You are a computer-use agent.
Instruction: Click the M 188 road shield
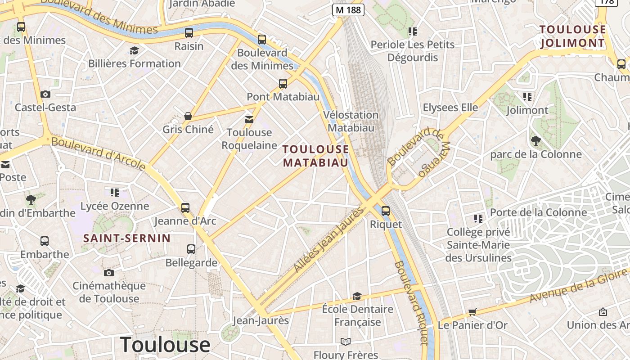click(x=348, y=10)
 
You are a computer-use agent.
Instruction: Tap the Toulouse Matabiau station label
click(x=316, y=156)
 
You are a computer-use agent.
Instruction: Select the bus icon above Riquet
click(x=385, y=211)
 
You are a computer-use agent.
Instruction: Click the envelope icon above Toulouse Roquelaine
click(x=249, y=119)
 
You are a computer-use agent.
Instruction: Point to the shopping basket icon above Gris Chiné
click(x=188, y=116)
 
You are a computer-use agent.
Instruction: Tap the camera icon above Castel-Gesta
click(x=45, y=94)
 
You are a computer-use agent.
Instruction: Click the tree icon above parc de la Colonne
click(x=535, y=141)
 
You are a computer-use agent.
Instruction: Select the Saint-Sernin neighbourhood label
click(x=127, y=238)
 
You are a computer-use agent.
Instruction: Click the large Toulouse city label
click(x=165, y=345)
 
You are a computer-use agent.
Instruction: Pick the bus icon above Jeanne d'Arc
click(x=185, y=207)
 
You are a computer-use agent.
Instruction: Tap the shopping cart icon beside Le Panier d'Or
click(x=472, y=312)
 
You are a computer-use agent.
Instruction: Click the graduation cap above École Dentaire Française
click(x=357, y=296)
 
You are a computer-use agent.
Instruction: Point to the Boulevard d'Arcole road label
click(x=99, y=154)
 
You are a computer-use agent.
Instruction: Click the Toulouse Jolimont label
click(x=572, y=36)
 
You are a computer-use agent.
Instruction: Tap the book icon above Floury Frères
click(x=345, y=342)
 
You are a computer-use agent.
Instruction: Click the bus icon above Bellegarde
click(x=191, y=249)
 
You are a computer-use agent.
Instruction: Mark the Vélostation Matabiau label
click(x=351, y=121)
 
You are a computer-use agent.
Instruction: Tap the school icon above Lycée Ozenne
click(x=115, y=193)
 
